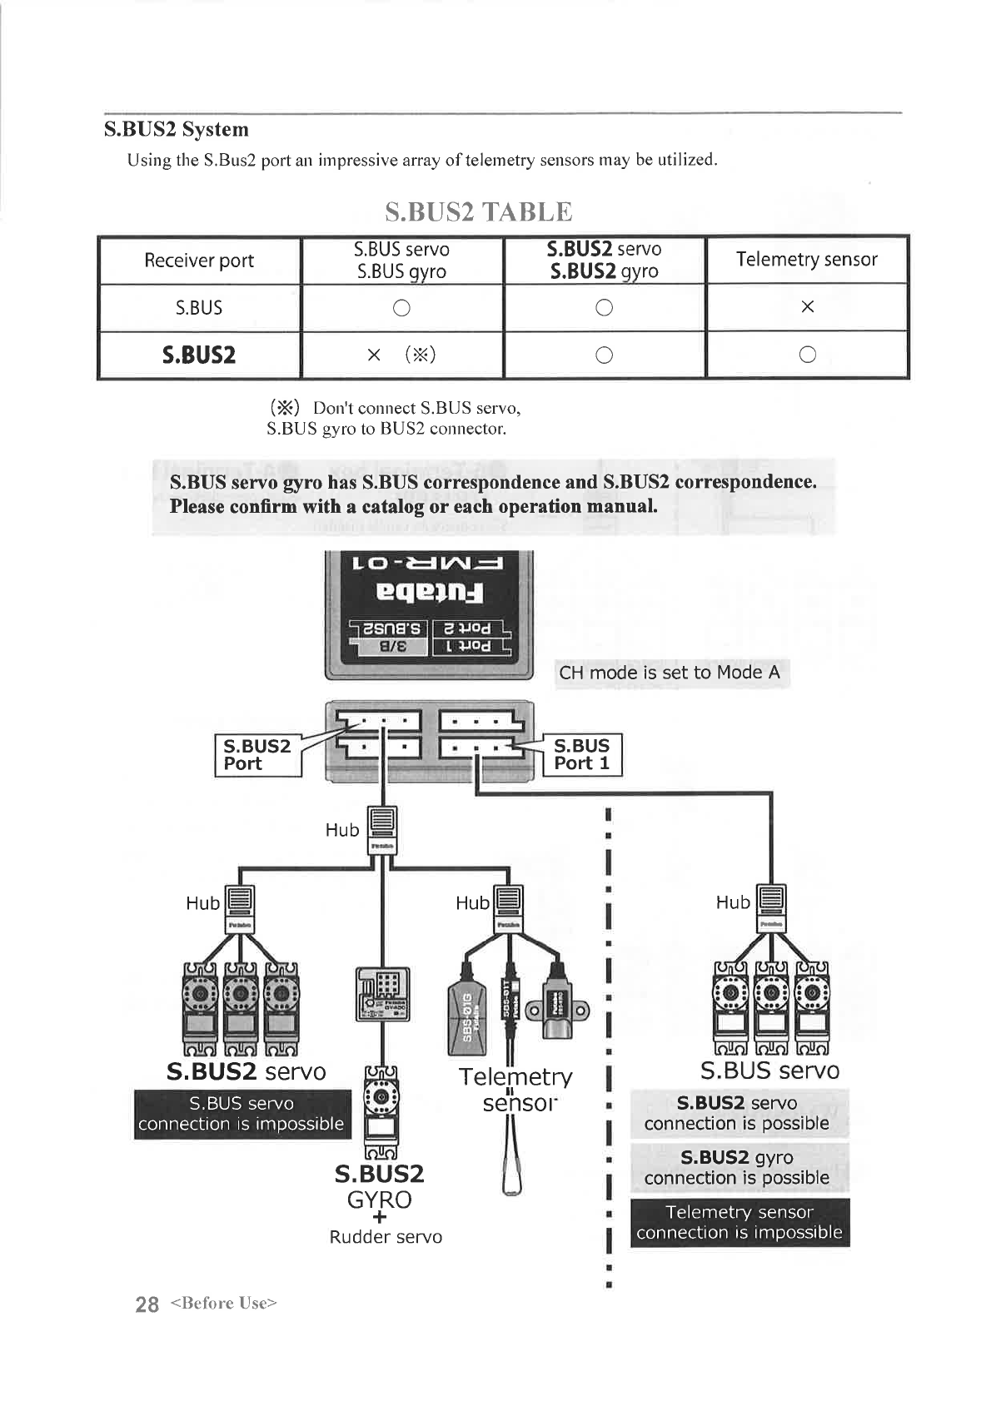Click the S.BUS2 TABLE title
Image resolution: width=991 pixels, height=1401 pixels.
tap(479, 211)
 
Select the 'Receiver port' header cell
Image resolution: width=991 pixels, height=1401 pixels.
tap(199, 261)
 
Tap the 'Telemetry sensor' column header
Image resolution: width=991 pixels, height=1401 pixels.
tap(806, 260)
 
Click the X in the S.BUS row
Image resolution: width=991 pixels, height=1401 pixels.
tap(806, 307)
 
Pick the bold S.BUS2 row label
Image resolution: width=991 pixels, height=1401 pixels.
tap(199, 355)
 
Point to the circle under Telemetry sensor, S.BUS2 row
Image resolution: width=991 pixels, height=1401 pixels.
tap(806, 355)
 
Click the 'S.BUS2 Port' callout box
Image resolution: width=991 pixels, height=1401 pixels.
tap(257, 755)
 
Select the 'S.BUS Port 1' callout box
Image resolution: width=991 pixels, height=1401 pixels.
tap(582, 754)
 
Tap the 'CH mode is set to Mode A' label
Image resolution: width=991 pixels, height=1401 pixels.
tap(670, 673)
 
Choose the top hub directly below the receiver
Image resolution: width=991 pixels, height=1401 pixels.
tap(382, 830)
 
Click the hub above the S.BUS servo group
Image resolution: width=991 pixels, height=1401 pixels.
tap(771, 908)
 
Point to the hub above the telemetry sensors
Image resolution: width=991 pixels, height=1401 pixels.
tap(507, 909)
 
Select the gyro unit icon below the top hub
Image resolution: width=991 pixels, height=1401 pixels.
tap(382, 994)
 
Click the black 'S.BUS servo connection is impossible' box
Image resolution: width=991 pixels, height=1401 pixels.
tap(242, 1114)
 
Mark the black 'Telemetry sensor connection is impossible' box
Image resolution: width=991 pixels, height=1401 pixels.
tap(740, 1222)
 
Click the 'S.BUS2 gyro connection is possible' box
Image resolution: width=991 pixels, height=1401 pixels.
tap(737, 1167)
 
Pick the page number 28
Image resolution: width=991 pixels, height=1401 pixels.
tap(147, 1304)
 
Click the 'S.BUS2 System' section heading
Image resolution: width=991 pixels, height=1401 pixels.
tap(177, 130)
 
